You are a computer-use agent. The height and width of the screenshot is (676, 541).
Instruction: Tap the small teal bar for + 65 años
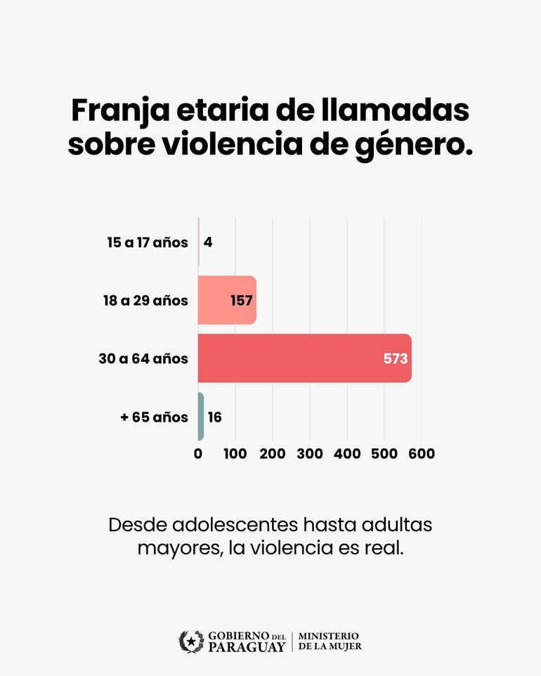[201, 417]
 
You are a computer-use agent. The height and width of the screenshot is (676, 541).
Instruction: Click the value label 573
[395, 358]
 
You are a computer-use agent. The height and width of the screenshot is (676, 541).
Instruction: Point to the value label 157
[241, 301]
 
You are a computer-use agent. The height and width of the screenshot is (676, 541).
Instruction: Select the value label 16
[214, 417]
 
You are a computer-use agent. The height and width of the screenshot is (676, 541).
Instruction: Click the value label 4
[208, 242]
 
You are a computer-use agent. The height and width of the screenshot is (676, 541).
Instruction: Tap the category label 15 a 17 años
[148, 242]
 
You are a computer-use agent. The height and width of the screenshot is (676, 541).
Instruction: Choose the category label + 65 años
[154, 417]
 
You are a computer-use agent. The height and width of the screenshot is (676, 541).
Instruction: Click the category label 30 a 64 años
[143, 359]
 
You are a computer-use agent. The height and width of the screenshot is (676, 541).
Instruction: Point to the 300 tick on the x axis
[309, 454]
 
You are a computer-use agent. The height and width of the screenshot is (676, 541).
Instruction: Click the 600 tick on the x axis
[421, 454]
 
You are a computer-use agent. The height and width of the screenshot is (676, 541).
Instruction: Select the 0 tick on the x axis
[198, 454]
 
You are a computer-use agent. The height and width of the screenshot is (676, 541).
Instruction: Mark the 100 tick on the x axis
[235, 454]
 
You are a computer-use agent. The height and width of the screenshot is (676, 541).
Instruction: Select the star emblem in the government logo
[191, 641]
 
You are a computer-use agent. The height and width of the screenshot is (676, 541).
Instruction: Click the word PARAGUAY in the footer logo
[247, 646]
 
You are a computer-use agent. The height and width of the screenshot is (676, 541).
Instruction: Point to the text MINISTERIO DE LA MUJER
[330, 641]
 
